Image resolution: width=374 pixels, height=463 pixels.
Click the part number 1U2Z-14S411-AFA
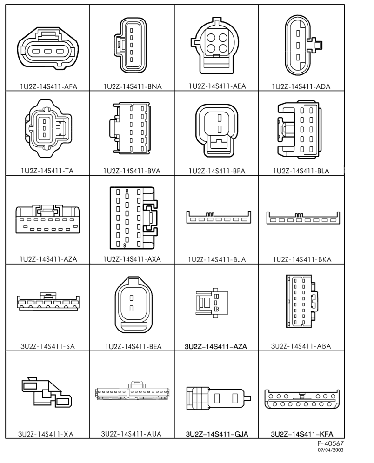tap(48, 86)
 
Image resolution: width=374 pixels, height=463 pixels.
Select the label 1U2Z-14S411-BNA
tap(133, 86)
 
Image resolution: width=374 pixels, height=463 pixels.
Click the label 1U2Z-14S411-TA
tap(47, 171)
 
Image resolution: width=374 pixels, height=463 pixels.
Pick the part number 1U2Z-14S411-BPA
tap(217, 171)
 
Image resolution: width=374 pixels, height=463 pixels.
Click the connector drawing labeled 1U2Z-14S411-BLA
tap(299, 129)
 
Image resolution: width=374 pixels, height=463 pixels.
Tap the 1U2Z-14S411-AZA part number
tap(48, 259)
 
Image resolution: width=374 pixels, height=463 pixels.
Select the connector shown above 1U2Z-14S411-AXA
tap(134, 218)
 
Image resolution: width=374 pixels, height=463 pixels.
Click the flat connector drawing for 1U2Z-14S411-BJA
tap(219, 218)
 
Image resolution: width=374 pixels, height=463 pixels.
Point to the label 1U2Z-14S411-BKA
tap(302, 259)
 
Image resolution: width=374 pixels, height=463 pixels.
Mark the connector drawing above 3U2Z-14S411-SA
tap(48, 301)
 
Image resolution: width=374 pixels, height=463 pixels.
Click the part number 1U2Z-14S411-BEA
tap(133, 346)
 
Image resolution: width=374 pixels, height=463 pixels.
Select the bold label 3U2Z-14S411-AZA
tap(216, 346)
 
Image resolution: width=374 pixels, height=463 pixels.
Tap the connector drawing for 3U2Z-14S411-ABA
tap(301, 301)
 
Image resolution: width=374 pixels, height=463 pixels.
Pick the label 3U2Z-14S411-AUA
tap(131, 434)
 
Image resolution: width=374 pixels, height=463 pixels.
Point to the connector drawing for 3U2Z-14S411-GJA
tap(219, 398)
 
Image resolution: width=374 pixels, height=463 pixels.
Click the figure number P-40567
tap(331, 443)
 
